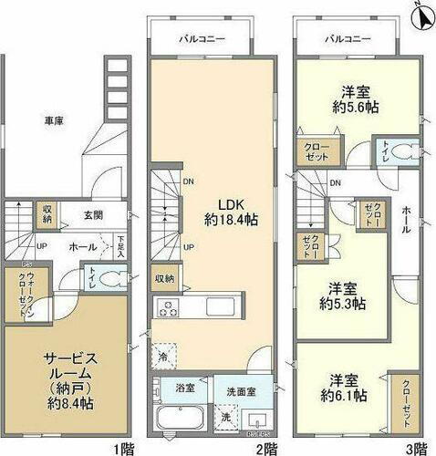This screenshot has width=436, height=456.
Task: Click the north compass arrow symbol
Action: pyautogui.click(x=420, y=16)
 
